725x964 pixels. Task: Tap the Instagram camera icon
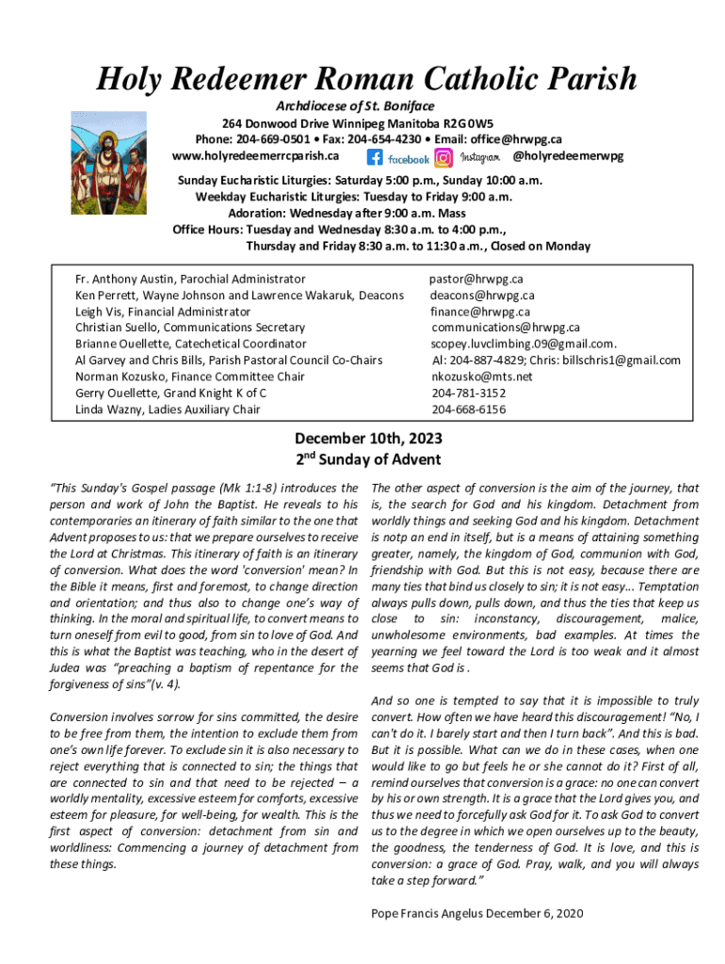(x=443, y=158)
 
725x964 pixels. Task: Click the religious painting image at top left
(x=108, y=162)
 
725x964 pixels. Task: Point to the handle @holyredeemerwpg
(x=568, y=155)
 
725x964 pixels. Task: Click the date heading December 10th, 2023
(x=368, y=440)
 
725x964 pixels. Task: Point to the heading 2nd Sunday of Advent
(x=368, y=459)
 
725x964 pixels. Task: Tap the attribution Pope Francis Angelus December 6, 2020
(x=478, y=913)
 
